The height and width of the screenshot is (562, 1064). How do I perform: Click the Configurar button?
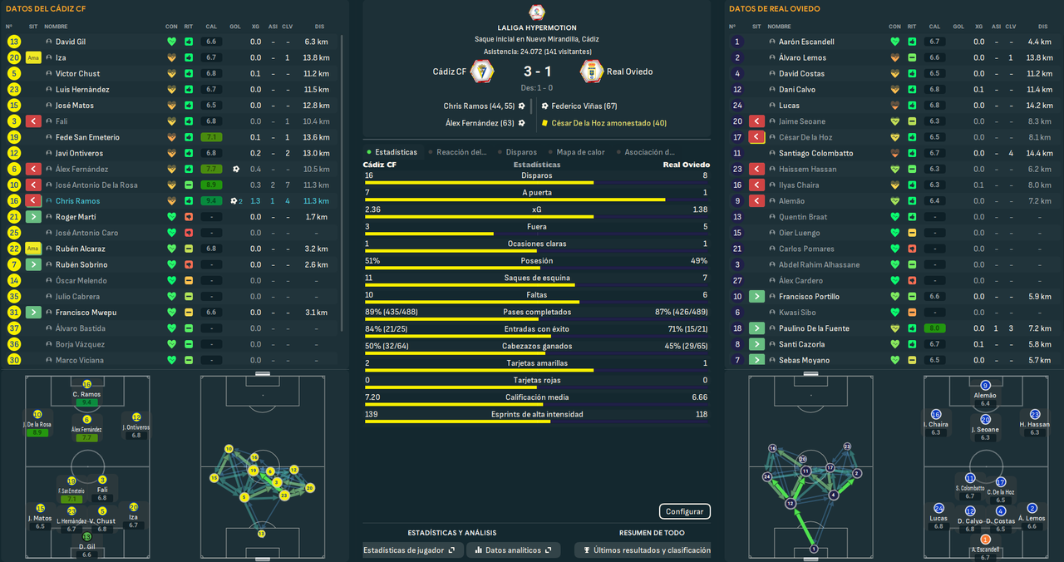tap(685, 511)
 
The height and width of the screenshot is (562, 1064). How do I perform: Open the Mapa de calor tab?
tap(581, 152)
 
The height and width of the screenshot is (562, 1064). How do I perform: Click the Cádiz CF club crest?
tap(482, 71)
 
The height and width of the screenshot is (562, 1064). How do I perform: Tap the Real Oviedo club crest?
tap(591, 71)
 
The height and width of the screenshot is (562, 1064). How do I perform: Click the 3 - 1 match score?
tap(536, 71)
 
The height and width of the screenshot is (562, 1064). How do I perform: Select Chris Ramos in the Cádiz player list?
tap(77, 201)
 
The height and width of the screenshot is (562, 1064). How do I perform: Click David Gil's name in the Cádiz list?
tap(71, 42)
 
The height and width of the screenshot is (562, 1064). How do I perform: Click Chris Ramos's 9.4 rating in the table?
tap(211, 201)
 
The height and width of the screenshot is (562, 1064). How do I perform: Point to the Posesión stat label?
tap(536, 260)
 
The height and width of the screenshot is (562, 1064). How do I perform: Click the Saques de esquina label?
tap(536, 278)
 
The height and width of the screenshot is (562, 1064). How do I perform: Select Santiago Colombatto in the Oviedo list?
tap(815, 153)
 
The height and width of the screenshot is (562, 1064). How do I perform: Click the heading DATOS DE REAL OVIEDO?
tap(774, 9)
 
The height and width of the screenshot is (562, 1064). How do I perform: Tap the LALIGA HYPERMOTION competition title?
tap(536, 27)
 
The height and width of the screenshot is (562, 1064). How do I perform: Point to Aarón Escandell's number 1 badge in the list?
tap(736, 42)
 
